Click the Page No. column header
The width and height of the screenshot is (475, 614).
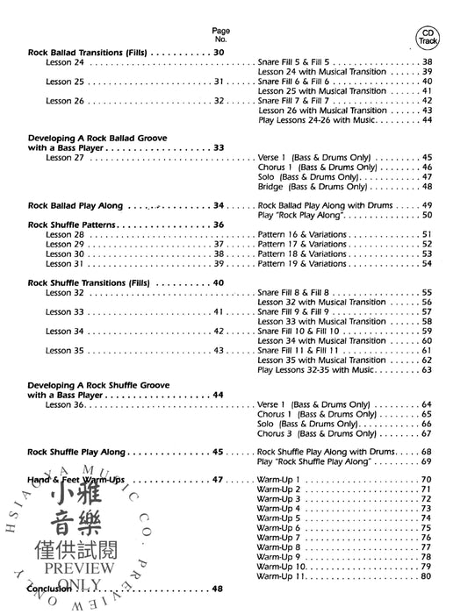[x=220, y=35]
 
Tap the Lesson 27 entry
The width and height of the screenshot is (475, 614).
[x=65, y=157]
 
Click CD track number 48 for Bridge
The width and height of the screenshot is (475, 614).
[x=427, y=187]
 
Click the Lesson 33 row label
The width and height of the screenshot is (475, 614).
[x=65, y=311]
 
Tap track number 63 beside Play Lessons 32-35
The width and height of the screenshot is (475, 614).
[x=427, y=369]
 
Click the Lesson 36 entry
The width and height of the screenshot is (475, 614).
[x=65, y=405]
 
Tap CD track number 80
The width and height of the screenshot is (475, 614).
[x=427, y=575]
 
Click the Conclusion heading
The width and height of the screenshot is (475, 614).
[x=53, y=589]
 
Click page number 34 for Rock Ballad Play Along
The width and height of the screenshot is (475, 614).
[x=220, y=205]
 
